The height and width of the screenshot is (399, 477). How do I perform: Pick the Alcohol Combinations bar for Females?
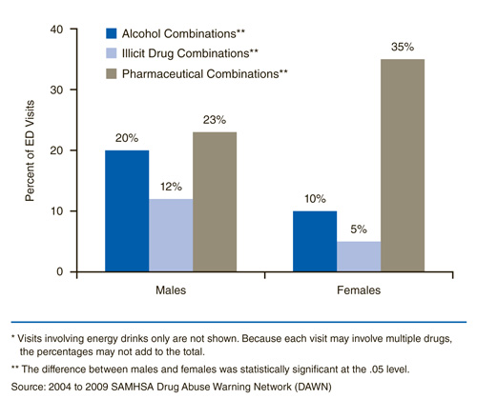coord(314,241)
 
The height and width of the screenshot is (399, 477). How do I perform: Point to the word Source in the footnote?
coord(27,386)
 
